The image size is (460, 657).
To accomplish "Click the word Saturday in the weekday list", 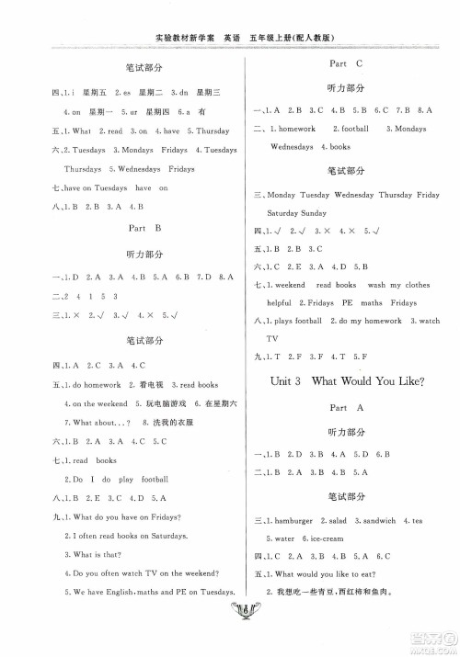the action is coord(286,212).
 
